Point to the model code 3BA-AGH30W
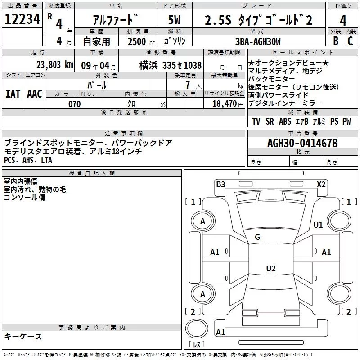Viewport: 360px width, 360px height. (258, 41)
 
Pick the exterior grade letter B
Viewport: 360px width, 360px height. (335, 41)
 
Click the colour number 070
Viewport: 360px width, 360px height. (74, 104)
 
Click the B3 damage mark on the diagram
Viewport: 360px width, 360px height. (220, 184)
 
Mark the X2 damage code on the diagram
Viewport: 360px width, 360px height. (321, 184)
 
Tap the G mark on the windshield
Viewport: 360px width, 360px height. (257, 237)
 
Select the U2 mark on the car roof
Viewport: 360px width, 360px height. (270, 269)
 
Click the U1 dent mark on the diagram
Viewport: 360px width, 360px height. (318, 225)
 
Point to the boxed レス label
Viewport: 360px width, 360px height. (197, 345)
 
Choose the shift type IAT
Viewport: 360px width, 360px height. (13, 94)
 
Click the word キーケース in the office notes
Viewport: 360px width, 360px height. (23, 336)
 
